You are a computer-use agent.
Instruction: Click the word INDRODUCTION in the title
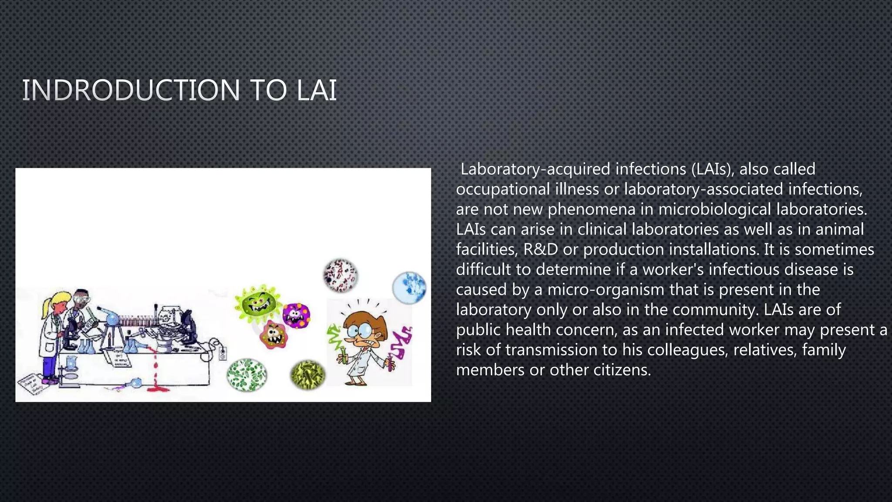point(131,91)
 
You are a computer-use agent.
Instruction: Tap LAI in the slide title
point(317,91)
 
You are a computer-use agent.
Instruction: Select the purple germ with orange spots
point(296,315)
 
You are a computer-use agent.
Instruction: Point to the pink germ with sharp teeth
point(274,335)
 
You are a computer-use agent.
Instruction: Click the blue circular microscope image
point(409,288)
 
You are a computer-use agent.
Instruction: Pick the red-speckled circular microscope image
point(341,275)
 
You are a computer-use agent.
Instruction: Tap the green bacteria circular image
point(247,375)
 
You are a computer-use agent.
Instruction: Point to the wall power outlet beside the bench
point(223,353)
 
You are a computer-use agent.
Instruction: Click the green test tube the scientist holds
point(343,355)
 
